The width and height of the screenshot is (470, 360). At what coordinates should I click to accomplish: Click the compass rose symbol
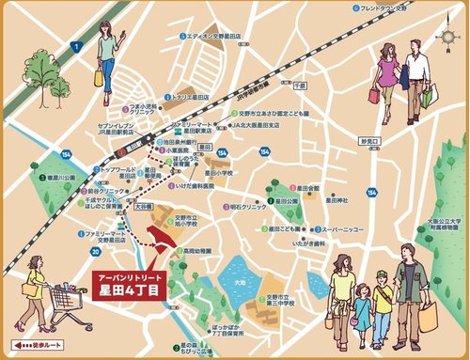point(446,34)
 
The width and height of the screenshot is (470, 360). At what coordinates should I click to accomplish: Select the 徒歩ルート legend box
point(35,345)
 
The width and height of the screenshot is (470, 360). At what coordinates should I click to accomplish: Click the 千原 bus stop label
point(300,85)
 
